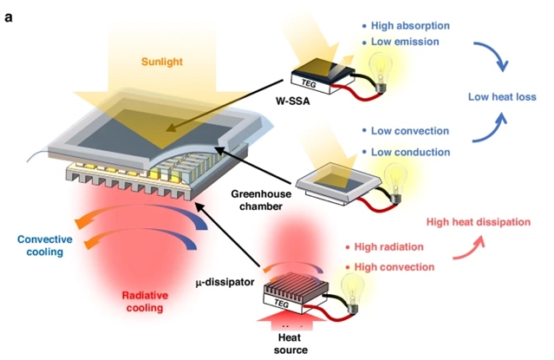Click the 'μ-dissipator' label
tap(224, 283)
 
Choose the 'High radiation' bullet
tap(389, 245)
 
